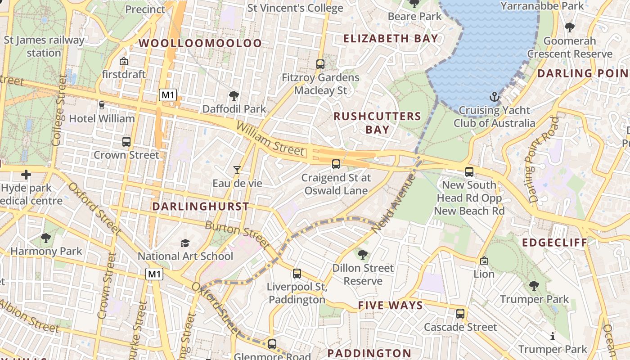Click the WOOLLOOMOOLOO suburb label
200,43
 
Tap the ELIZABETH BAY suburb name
391,38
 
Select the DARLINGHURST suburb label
200,207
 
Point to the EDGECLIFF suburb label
555,243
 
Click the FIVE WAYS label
390,306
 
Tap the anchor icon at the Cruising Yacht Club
495,97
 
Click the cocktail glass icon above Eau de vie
237,170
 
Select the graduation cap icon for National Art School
185,243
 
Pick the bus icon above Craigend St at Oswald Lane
336,164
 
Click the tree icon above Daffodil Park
234,95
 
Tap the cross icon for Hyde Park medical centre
26,174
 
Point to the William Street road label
270,139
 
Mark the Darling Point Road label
544,160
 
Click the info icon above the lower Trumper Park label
553,336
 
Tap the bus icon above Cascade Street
460,313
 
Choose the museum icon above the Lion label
484,261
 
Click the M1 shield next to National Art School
154,274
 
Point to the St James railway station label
44,46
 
